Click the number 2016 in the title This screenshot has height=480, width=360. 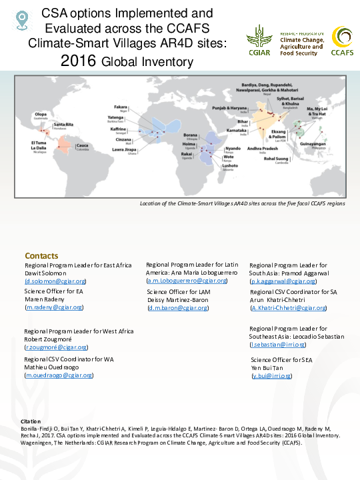(x=79, y=62)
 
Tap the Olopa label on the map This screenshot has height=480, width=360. (x=41, y=115)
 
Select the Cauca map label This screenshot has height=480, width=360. (x=82, y=145)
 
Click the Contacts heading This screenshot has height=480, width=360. (x=41, y=256)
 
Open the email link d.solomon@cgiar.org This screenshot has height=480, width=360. (x=55, y=281)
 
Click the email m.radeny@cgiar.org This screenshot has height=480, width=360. (x=54, y=307)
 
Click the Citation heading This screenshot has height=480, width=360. (x=31, y=421)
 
